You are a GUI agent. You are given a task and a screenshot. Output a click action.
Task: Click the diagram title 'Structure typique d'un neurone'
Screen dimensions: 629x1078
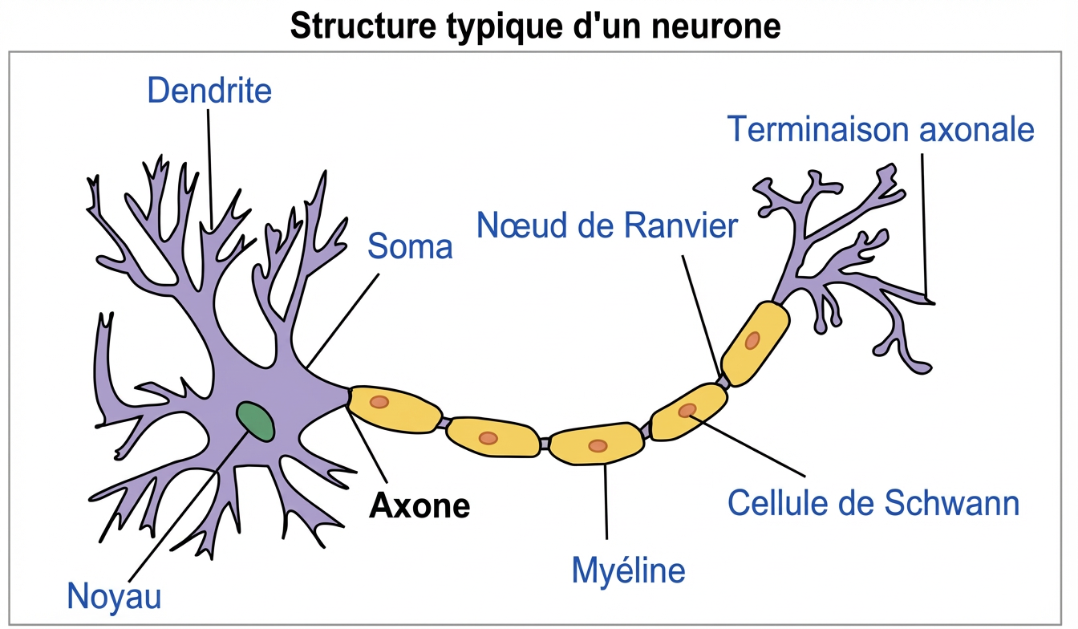point(535,26)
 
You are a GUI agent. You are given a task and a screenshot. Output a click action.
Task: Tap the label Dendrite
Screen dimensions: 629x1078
point(209,91)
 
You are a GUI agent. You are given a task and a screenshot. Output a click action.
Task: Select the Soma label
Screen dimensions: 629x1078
point(410,246)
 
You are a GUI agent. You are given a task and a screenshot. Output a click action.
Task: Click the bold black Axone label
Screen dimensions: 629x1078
point(419,506)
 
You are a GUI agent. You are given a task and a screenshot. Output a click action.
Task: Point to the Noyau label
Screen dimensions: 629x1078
point(115,596)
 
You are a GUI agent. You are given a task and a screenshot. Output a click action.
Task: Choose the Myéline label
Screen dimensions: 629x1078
point(628,570)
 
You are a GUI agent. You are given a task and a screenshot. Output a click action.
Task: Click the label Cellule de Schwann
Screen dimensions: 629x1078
point(873,504)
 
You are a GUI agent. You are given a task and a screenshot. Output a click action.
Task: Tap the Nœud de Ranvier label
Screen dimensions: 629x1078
point(606,226)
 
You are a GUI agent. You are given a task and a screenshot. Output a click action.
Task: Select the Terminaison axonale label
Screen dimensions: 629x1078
point(881,129)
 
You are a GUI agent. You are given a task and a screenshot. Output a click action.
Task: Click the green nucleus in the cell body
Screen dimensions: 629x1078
point(256,421)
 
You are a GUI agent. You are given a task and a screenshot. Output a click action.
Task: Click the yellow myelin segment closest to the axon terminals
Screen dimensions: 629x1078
point(755,341)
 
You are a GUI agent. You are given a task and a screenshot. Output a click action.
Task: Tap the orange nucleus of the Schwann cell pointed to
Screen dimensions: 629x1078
point(687,411)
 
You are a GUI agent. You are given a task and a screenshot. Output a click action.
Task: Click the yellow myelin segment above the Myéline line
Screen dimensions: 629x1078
point(597,445)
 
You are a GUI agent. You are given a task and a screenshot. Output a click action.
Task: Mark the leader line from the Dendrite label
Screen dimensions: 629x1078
point(210,168)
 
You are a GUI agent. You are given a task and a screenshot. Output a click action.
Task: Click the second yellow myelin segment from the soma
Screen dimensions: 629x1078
point(492,437)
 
